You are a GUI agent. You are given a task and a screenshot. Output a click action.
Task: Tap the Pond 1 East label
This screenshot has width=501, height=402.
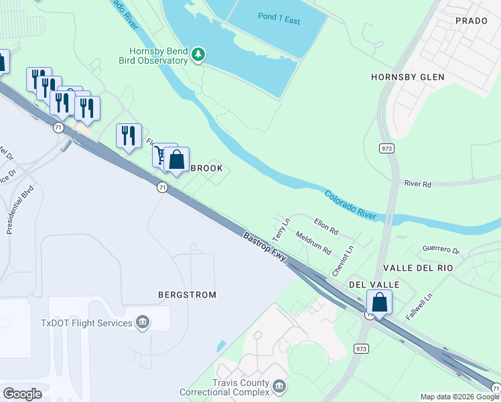tap(279, 19)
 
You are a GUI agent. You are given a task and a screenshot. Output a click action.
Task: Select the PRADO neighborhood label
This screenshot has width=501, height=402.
tap(471, 21)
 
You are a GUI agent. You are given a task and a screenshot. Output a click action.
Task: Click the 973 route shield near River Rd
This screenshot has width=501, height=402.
tap(385, 147)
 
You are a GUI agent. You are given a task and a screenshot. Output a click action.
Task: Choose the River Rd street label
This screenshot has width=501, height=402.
tap(418, 183)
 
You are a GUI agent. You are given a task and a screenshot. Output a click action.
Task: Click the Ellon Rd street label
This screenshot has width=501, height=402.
tap(326, 228)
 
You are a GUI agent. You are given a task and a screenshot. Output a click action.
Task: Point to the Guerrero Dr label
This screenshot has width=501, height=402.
tap(441, 249)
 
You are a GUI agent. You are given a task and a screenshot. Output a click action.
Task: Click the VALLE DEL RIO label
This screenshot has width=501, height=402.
tap(418, 268)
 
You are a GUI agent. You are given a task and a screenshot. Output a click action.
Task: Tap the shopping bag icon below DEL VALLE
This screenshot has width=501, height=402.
tap(380, 303)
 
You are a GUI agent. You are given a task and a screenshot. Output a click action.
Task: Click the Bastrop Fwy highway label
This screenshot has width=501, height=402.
tap(265, 249)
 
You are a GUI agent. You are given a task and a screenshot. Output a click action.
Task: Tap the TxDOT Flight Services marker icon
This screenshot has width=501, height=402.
tap(142, 324)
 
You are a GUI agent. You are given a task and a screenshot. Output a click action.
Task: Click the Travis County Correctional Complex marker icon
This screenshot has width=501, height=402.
tap(279, 387)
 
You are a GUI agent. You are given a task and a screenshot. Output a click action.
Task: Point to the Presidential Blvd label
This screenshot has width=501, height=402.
tap(19, 210)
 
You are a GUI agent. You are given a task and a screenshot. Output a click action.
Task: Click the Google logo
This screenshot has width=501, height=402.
tap(22, 394)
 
